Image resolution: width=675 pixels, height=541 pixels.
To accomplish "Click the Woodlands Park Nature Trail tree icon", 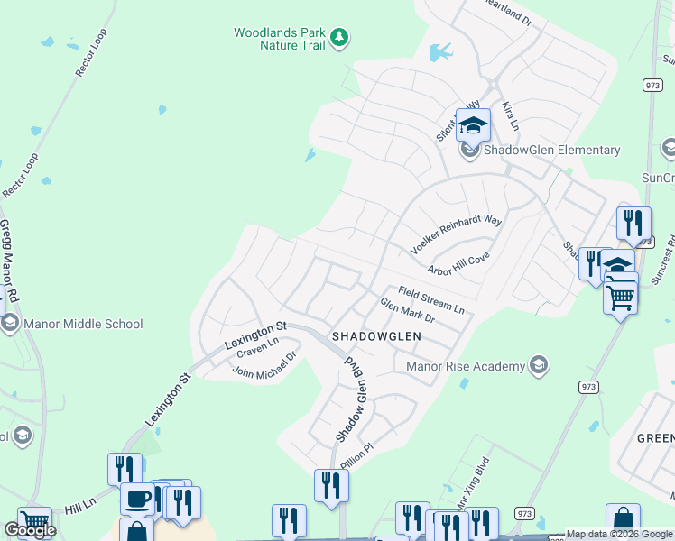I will point(339,38).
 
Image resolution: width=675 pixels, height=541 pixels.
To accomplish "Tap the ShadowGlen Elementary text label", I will point(552,151).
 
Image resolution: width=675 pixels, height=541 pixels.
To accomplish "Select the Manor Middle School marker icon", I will point(9,324).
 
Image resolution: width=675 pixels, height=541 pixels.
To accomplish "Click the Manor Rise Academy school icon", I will point(539,366).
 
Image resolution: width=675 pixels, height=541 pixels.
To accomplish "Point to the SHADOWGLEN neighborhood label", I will point(376,336).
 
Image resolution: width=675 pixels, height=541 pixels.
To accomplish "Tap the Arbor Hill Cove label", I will point(458,264).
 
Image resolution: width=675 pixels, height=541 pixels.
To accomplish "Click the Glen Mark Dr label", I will point(407,311).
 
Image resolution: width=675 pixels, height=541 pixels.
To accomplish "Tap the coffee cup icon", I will point(137,499).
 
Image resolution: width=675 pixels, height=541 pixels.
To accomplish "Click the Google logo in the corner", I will point(30,530).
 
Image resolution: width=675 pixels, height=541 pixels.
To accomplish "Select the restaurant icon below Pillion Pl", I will point(331,485).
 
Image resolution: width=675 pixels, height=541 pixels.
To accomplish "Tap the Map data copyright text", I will point(619,534).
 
